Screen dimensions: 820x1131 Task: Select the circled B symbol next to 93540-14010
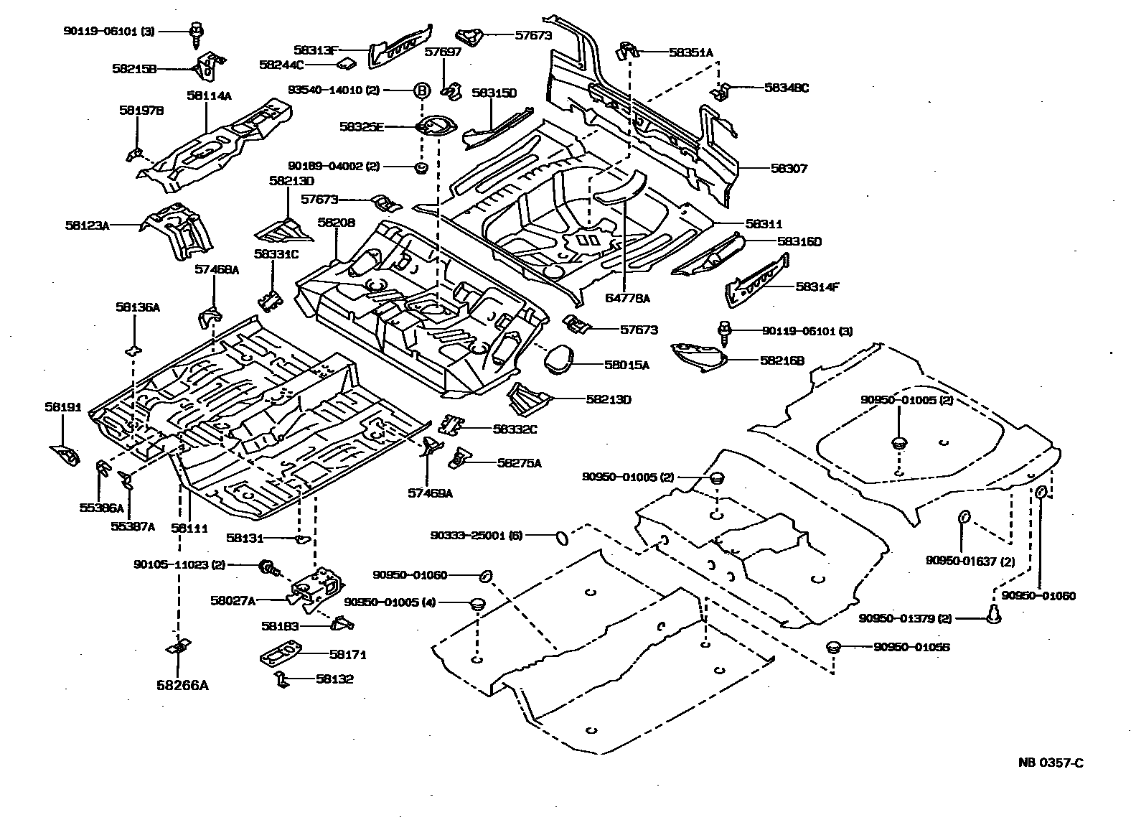point(422,90)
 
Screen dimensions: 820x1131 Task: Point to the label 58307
point(789,169)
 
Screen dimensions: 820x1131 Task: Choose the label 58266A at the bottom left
point(182,685)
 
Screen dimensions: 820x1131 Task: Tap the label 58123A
point(87,225)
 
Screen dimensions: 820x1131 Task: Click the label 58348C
point(787,88)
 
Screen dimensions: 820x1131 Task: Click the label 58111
point(189,528)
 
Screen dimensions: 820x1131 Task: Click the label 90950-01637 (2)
point(970,561)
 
